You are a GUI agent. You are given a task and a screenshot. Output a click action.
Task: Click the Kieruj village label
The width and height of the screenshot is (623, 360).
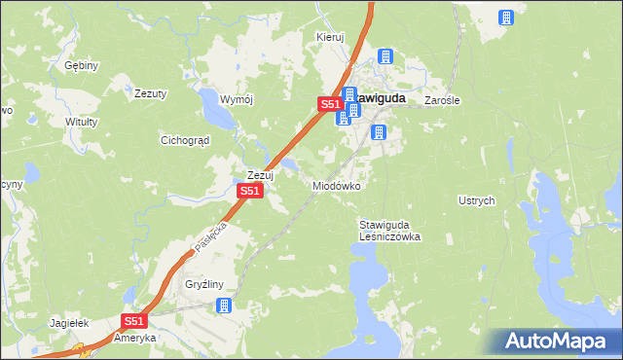click(331, 37)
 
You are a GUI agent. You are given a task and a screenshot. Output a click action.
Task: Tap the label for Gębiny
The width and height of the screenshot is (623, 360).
click(82, 66)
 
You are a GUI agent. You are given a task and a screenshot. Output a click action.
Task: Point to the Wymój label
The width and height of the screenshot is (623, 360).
click(237, 100)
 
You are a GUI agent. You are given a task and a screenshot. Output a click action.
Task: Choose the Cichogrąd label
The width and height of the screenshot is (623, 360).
click(185, 140)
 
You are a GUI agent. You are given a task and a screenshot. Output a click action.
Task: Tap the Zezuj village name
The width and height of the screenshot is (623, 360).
click(260, 175)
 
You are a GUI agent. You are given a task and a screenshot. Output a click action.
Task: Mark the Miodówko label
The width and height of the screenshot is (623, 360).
click(337, 185)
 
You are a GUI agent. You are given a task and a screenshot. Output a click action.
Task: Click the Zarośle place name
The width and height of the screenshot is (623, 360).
click(442, 100)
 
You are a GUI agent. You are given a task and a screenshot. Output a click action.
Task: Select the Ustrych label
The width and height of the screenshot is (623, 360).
click(477, 200)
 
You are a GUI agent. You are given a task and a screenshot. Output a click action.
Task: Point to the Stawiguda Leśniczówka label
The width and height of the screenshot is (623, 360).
click(389, 230)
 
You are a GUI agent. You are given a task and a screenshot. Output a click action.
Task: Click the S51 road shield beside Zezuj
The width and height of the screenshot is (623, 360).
click(250, 192)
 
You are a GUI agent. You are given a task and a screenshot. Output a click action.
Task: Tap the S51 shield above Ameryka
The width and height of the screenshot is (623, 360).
click(134, 320)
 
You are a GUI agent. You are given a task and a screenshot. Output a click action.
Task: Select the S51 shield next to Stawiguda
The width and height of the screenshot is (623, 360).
click(330, 104)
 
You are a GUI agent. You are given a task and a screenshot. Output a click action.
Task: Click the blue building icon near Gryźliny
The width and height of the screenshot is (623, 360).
click(224, 306)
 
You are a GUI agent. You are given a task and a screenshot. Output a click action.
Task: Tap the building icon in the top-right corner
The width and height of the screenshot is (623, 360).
click(505, 18)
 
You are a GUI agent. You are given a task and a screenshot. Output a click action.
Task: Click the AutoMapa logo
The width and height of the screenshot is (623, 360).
click(557, 341)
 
